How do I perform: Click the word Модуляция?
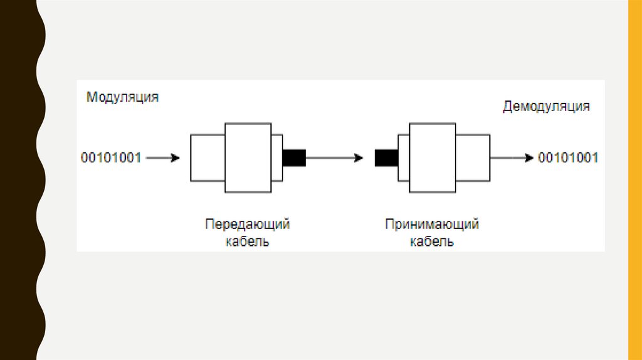(x=122, y=97)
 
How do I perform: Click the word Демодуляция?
(x=546, y=106)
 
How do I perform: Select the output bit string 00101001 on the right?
(x=569, y=158)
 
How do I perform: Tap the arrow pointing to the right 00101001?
(x=512, y=158)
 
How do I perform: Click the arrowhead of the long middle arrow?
(x=359, y=158)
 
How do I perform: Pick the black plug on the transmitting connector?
(x=294, y=158)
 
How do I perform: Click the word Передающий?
(x=248, y=224)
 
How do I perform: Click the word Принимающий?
(x=432, y=224)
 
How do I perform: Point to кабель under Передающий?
(x=248, y=241)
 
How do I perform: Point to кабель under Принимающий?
(x=432, y=241)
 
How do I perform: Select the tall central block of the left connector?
(x=248, y=158)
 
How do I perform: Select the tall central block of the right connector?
(x=432, y=158)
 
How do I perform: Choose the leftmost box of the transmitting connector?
(x=208, y=158)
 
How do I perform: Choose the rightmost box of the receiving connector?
(x=473, y=158)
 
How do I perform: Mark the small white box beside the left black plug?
(x=277, y=158)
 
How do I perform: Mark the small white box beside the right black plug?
(x=403, y=158)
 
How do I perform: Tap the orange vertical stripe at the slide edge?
(x=634, y=180)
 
